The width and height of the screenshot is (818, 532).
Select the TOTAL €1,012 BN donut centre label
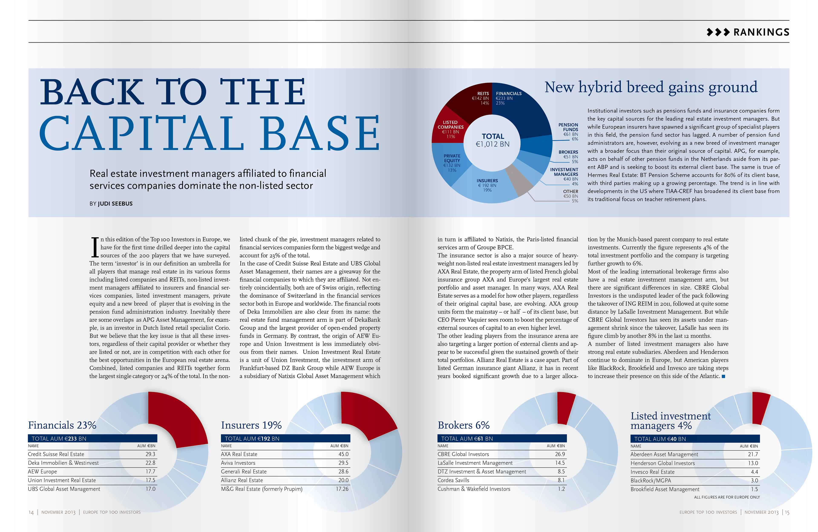(493, 140)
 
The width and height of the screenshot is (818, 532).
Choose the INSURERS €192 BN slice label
(487, 185)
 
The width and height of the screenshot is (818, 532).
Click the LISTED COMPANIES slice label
(450, 129)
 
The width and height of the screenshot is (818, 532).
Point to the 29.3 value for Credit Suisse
(150, 454)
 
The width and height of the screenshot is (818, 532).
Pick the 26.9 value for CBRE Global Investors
(560, 454)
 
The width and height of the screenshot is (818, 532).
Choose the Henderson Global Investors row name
(662, 463)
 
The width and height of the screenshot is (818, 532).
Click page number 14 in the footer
(31, 512)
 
